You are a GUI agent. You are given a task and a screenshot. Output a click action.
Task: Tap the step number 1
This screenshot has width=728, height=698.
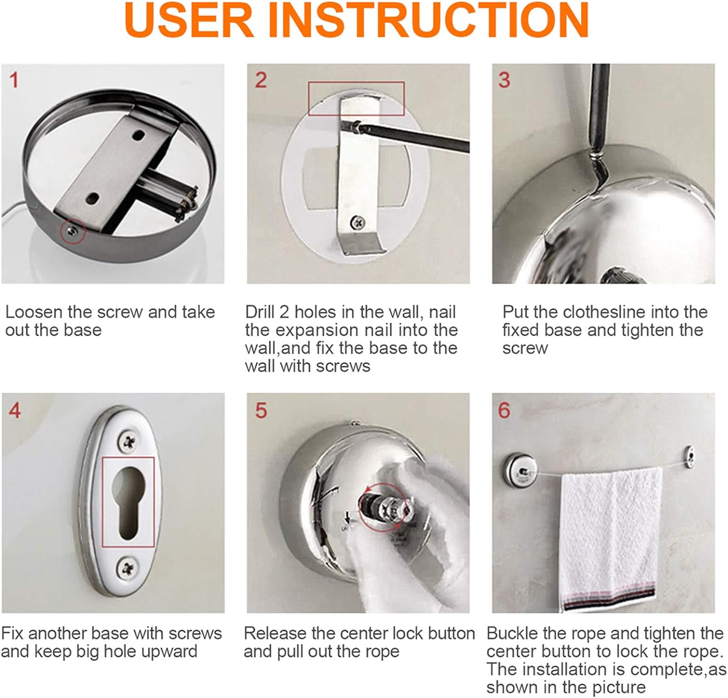pyautogui.click(x=14, y=80)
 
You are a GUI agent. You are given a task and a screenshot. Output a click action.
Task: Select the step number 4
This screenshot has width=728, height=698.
pyautogui.click(x=15, y=411)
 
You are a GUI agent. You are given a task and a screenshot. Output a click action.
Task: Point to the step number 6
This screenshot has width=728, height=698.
pyautogui.click(x=504, y=411)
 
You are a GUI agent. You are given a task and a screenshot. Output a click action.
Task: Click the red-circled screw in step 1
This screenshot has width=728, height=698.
pyautogui.click(x=72, y=232)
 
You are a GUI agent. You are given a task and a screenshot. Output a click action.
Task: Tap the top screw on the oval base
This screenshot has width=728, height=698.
pyautogui.click(x=128, y=441)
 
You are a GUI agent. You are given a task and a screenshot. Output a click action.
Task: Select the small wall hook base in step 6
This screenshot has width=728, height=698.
pyautogui.click(x=689, y=457)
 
